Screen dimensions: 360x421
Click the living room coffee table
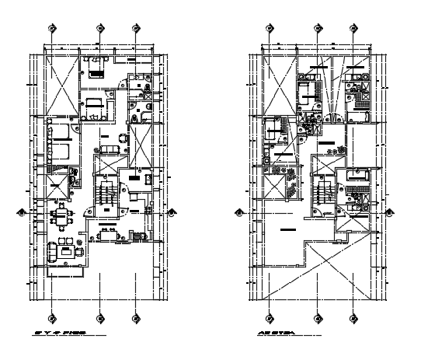67,251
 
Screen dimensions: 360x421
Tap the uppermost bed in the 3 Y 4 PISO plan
96,72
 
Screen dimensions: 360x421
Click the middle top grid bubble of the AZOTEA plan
318,28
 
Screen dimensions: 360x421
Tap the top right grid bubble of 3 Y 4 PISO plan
136,28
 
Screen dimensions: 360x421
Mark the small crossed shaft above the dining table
57,189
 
